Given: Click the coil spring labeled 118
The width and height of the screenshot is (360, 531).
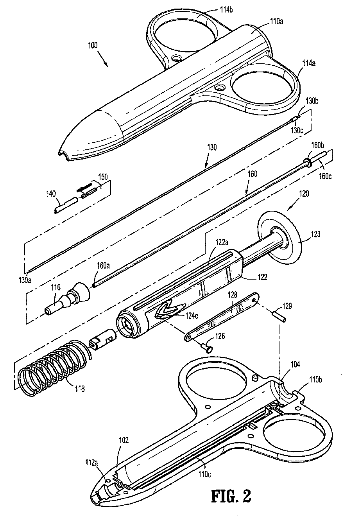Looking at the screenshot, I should coord(51,364).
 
